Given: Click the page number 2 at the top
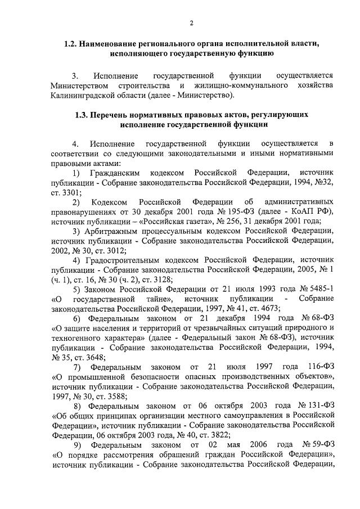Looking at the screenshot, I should (x=191, y=22).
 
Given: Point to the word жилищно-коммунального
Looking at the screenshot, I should (x=233, y=85).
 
